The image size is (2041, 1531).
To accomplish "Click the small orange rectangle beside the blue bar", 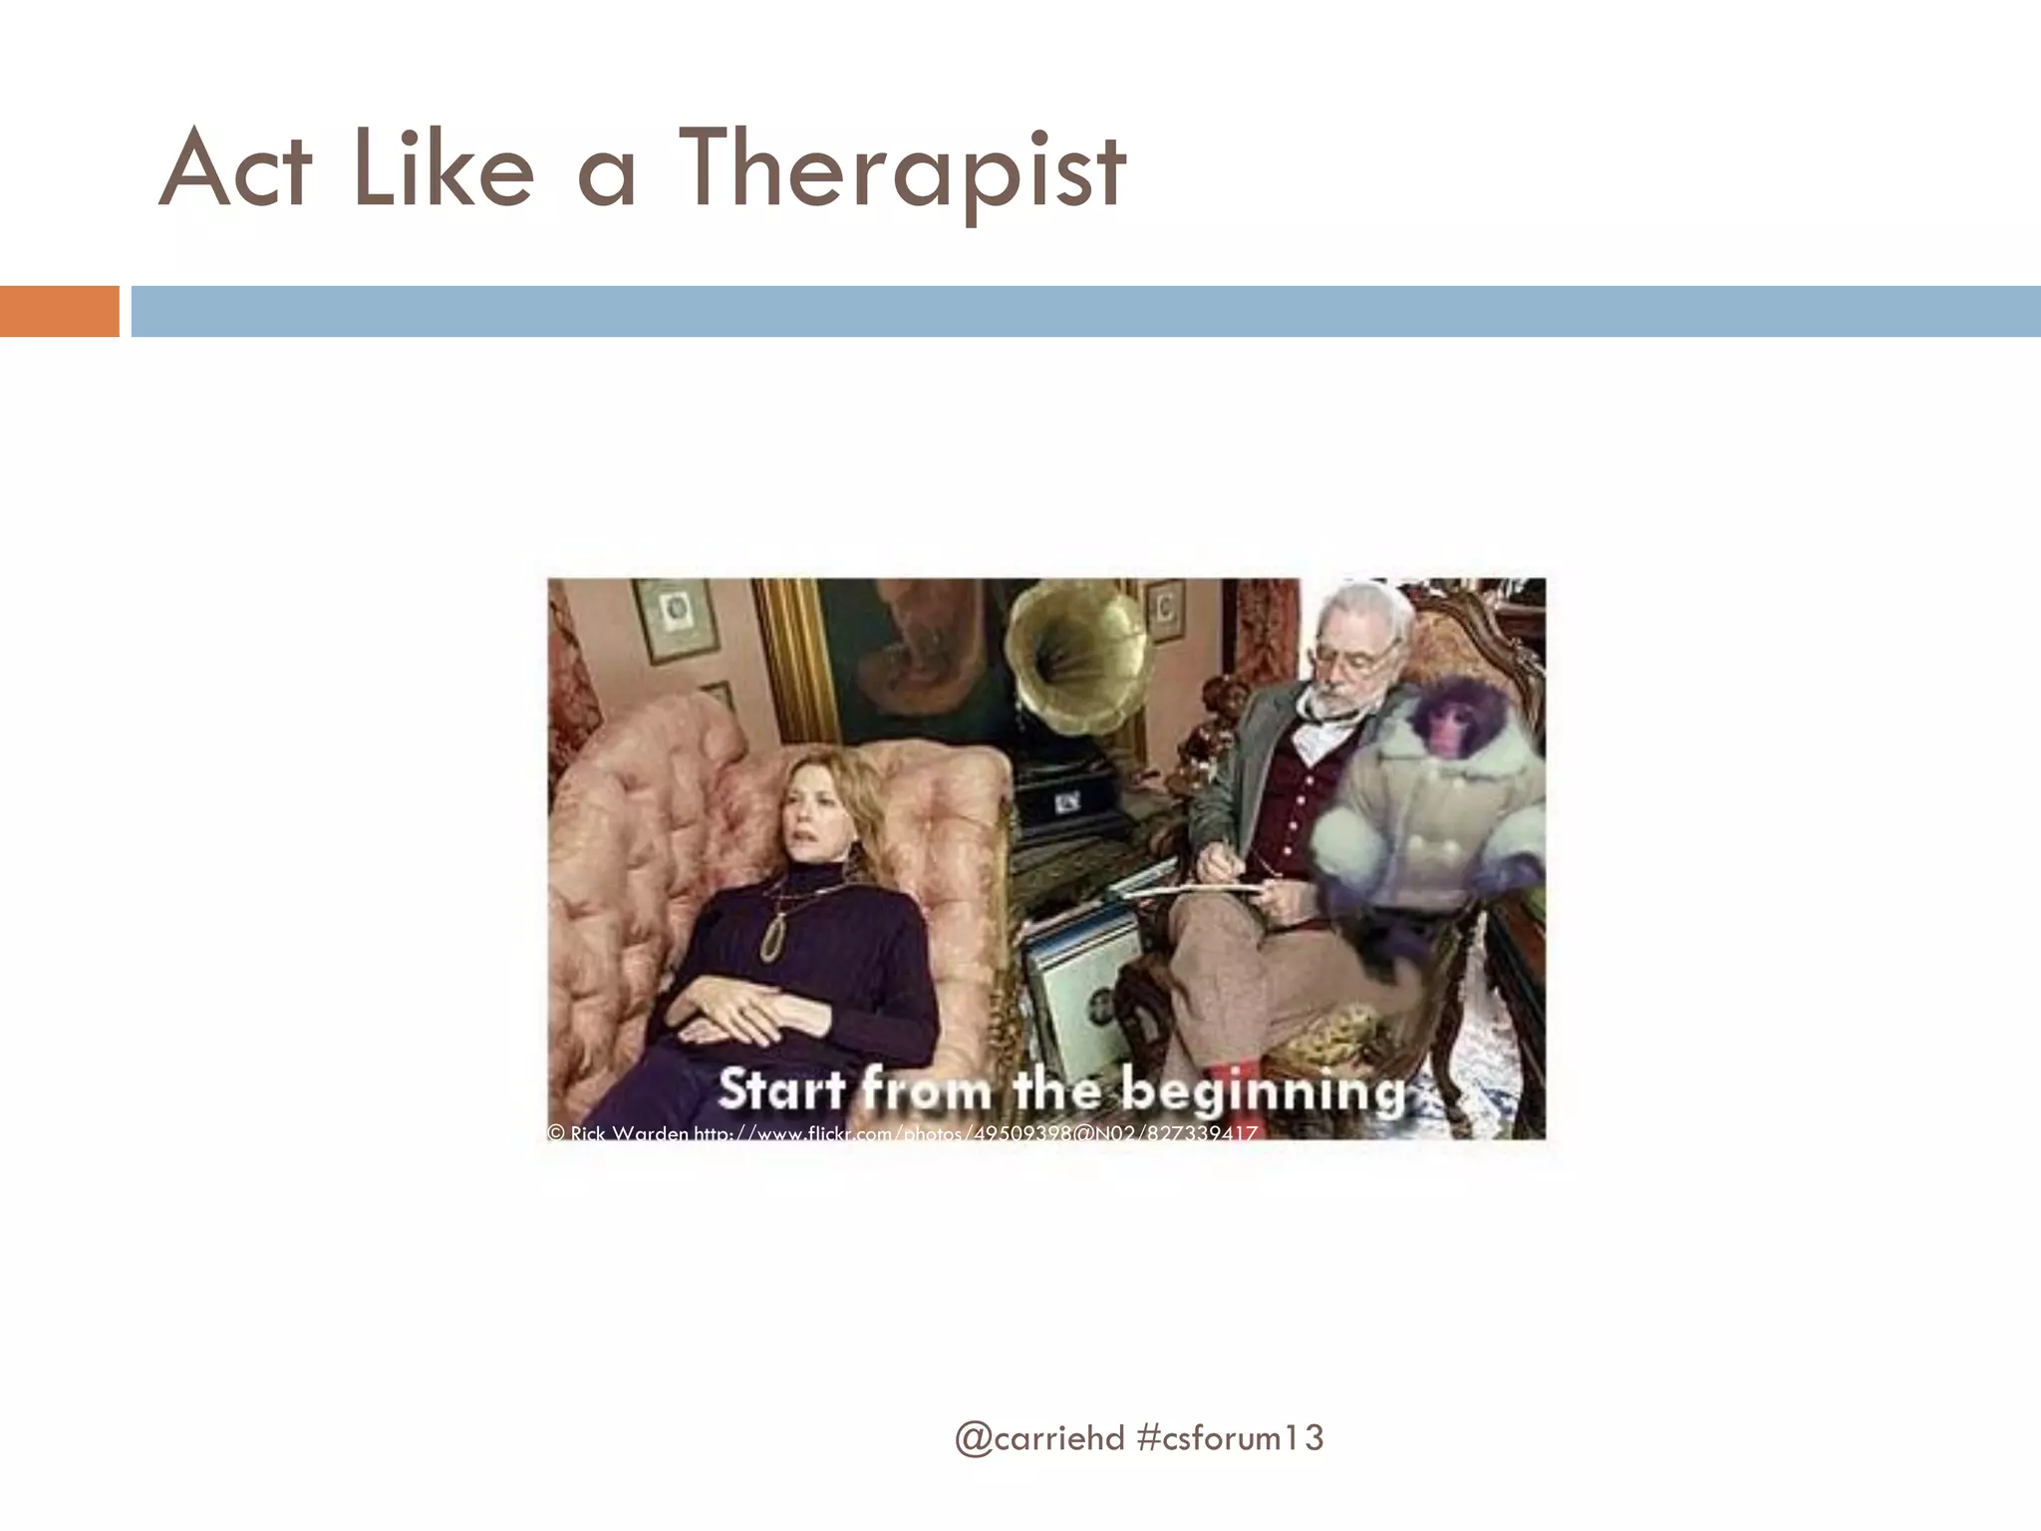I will tap(59, 311).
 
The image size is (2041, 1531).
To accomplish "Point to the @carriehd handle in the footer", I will tap(1039, 1437).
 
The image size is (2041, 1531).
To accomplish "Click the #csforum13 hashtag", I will tap(1230, 1437).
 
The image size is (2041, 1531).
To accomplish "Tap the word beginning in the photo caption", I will tap(1263, 1090).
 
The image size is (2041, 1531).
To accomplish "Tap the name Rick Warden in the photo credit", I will tap(629, 1133).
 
